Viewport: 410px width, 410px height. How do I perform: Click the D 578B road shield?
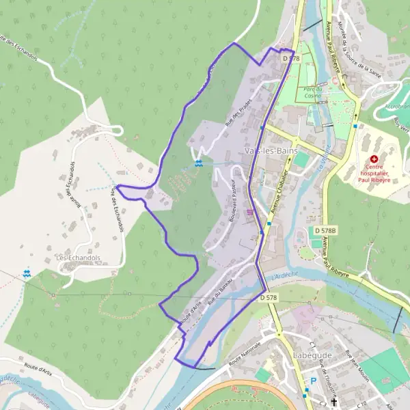325,232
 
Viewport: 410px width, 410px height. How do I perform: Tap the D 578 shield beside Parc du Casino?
290,59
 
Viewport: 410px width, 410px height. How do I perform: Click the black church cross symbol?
334,402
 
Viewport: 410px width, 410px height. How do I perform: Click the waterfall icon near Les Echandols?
27,274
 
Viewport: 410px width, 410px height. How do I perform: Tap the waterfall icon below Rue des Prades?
198,163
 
